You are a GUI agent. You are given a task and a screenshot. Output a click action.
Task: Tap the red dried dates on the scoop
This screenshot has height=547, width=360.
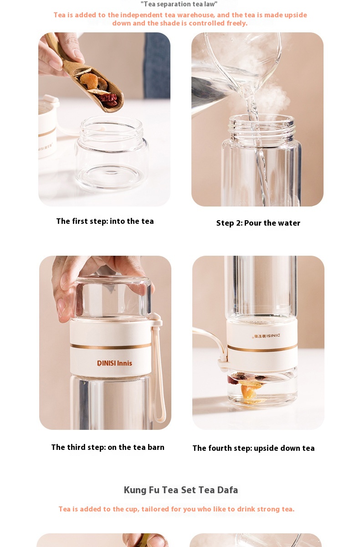point(110,98)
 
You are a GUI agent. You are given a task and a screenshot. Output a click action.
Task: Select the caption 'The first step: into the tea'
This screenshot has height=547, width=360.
point(105,222)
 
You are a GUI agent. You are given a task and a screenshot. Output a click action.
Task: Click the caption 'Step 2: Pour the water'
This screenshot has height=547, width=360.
point(258,223)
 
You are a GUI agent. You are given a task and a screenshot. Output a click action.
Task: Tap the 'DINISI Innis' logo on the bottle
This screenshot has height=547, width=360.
point(114,363)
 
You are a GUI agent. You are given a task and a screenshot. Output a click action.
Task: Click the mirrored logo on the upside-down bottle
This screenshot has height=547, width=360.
point(267,336)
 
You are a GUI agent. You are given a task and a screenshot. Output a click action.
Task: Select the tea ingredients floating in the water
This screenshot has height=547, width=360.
point(248,385)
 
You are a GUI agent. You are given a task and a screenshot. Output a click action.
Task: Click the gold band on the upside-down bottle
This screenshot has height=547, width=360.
point(262,349)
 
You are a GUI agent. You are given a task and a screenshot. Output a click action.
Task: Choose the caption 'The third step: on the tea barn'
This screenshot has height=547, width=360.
point(108,448)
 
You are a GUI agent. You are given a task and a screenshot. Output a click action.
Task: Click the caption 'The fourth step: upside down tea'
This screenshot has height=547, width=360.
point(253,449)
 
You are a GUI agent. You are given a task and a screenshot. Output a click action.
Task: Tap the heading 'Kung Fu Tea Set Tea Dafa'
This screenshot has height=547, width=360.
point(181,490)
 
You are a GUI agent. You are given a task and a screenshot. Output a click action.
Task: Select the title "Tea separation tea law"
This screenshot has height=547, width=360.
point(179,4)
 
